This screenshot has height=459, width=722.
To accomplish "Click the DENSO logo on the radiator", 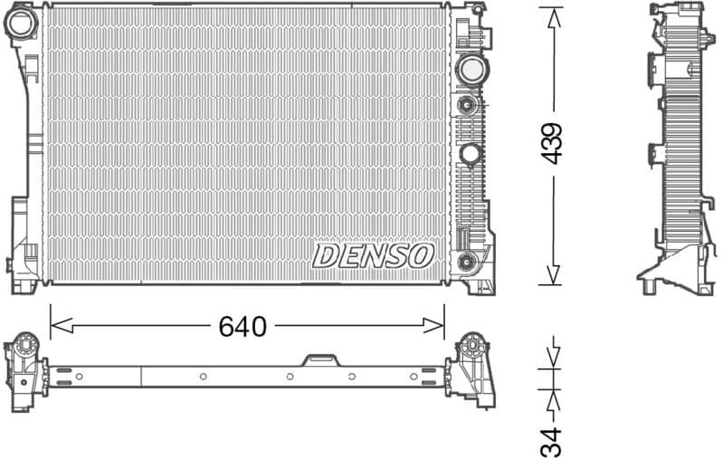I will [x=373, y=255].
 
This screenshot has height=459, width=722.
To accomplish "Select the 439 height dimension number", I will [x=552, y=142].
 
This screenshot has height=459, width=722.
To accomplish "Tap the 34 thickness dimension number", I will [x=552, y=441].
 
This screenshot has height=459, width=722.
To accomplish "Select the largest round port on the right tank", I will [x=470, y=69].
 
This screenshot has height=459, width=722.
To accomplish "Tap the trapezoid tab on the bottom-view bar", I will [x=318, y=360].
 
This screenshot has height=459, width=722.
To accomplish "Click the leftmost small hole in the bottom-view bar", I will [x=80, y=376].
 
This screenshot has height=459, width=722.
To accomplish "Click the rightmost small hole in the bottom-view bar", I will [x=413, y=375].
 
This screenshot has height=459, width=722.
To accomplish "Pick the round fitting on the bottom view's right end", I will [x=471, y=345].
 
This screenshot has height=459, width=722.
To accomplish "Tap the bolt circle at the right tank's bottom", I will [x=467, y=262].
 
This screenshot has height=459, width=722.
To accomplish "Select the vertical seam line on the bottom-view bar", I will [x=141, y=376].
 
